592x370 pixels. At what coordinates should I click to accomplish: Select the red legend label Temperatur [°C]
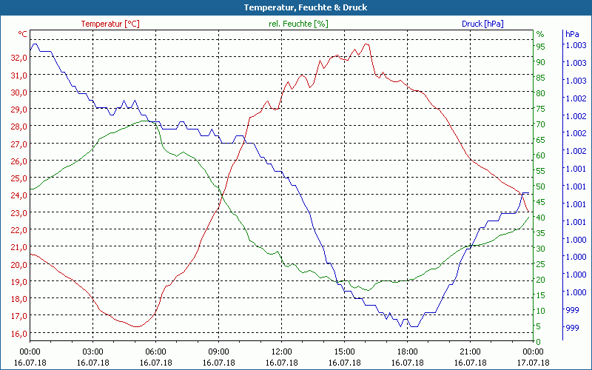point(110,24)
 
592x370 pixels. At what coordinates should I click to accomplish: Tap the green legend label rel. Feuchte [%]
point(297,24)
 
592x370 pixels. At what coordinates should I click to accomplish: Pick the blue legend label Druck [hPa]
point(482,24)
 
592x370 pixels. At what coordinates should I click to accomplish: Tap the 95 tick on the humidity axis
point(540,46)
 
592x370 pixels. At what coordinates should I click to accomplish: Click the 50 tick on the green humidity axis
point(540,186)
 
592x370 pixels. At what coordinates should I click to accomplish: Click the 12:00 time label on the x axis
point(282,352)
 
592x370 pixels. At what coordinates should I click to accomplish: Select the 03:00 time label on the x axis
point(92,352)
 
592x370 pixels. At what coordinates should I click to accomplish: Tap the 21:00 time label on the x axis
point(471,352)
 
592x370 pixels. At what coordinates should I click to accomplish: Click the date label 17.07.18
point(534,363)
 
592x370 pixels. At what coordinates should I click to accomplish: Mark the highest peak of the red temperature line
point(366,44)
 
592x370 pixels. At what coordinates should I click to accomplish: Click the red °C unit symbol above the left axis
point(23,34)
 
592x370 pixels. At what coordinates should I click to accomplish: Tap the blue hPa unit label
point(572,34)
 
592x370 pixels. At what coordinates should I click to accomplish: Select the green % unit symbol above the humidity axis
point(539,34)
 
